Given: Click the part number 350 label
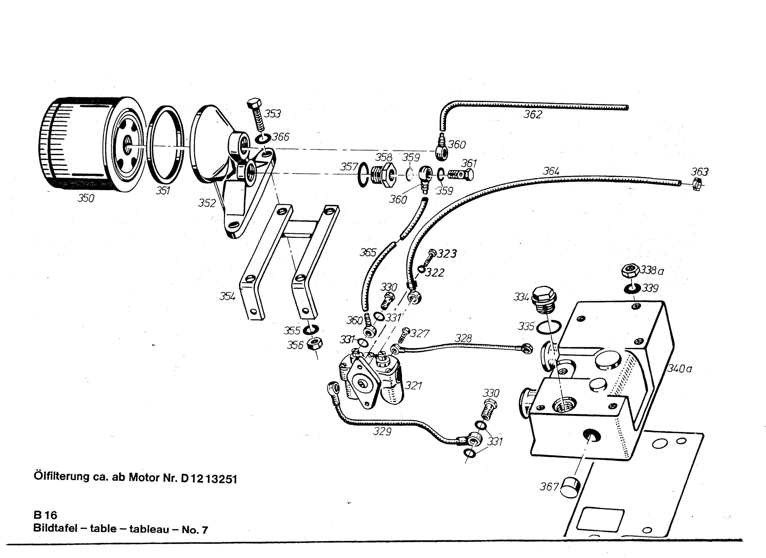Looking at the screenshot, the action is [86, 198].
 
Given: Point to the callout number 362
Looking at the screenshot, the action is [533, 115].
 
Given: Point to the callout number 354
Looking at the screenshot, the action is [227, 297].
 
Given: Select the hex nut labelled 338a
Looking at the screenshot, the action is [630, 270].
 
